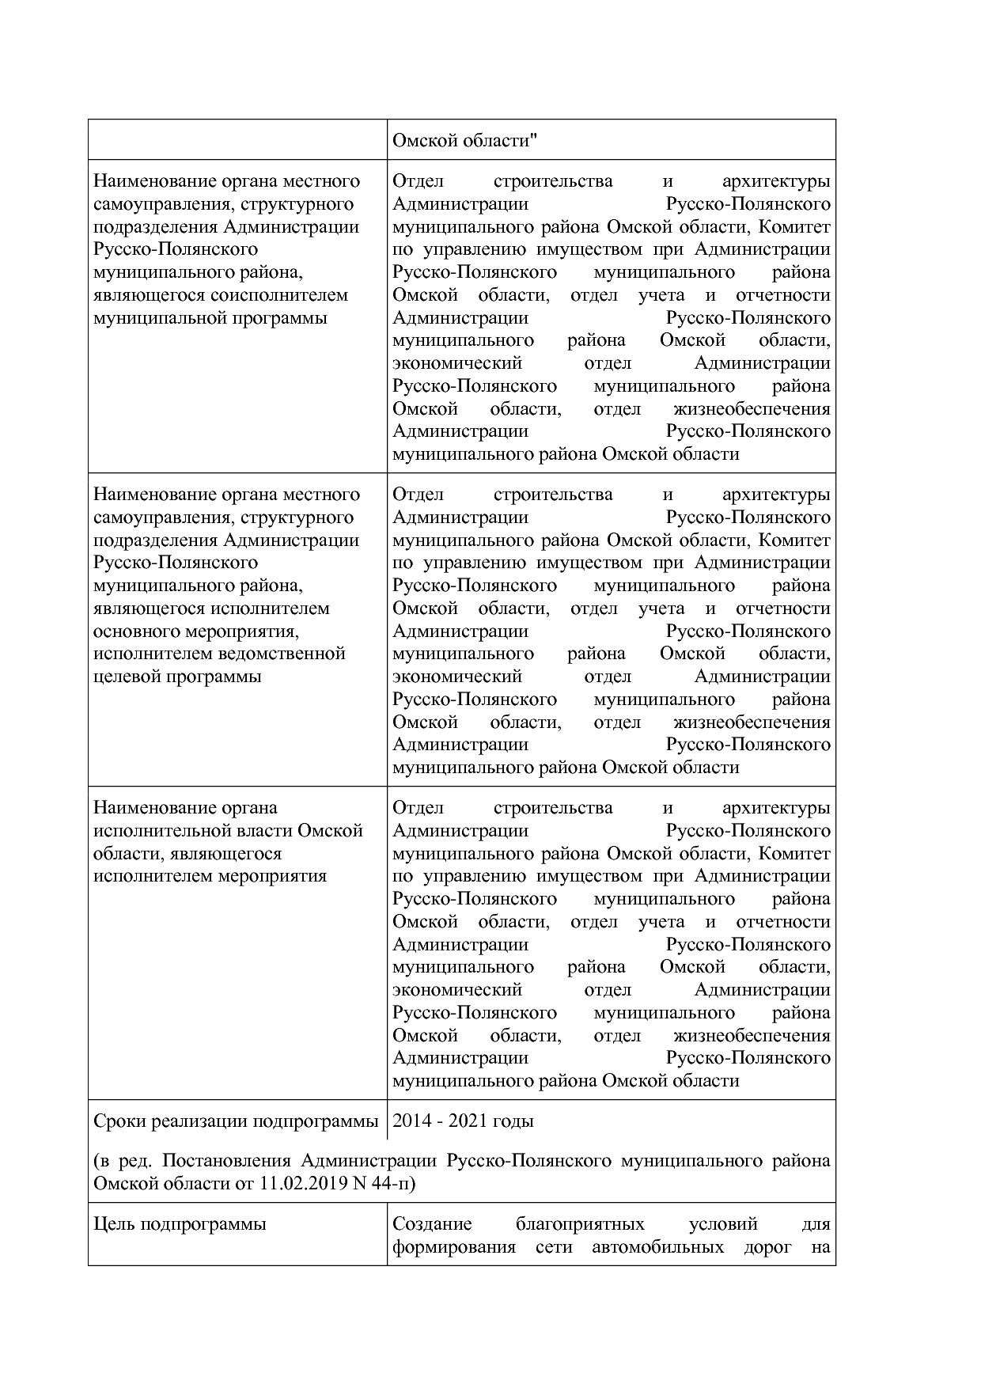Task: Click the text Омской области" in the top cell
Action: tap(465, 140)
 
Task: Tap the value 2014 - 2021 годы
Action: tap(463, 1121)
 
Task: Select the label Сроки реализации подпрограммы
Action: tap(235, 1121)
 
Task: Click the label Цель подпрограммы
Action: tap(180, 1223)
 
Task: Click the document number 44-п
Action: tap(392, 1184)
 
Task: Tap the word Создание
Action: tap(432, 1223)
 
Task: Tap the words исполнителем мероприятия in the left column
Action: tap(210, 876)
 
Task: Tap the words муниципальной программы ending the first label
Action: tap(210, 317)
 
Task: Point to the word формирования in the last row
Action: tap(453, 1247)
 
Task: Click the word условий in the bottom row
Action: tap(723, 1223)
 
